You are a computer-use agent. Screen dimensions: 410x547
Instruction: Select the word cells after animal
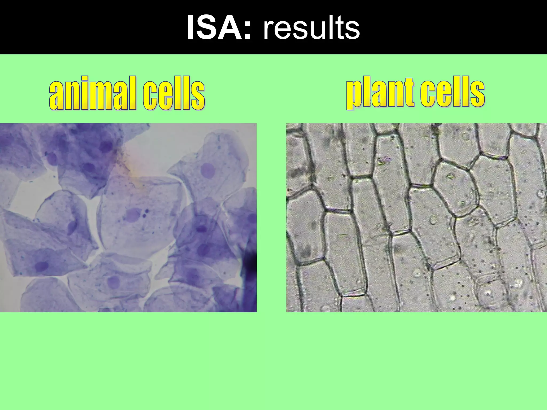[174, 93]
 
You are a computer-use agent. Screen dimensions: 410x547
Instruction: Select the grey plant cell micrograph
[417, 218]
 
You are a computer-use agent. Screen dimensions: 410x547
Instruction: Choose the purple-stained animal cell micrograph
[128, 218]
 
